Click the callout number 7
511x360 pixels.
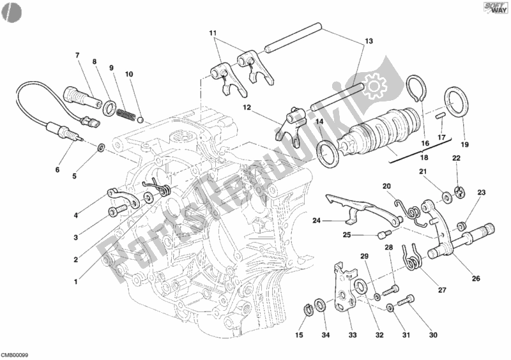click(77, 55)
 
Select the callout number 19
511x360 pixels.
click(464, 145)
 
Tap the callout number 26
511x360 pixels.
click(477, 278)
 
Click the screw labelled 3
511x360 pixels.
click(116, 213)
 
